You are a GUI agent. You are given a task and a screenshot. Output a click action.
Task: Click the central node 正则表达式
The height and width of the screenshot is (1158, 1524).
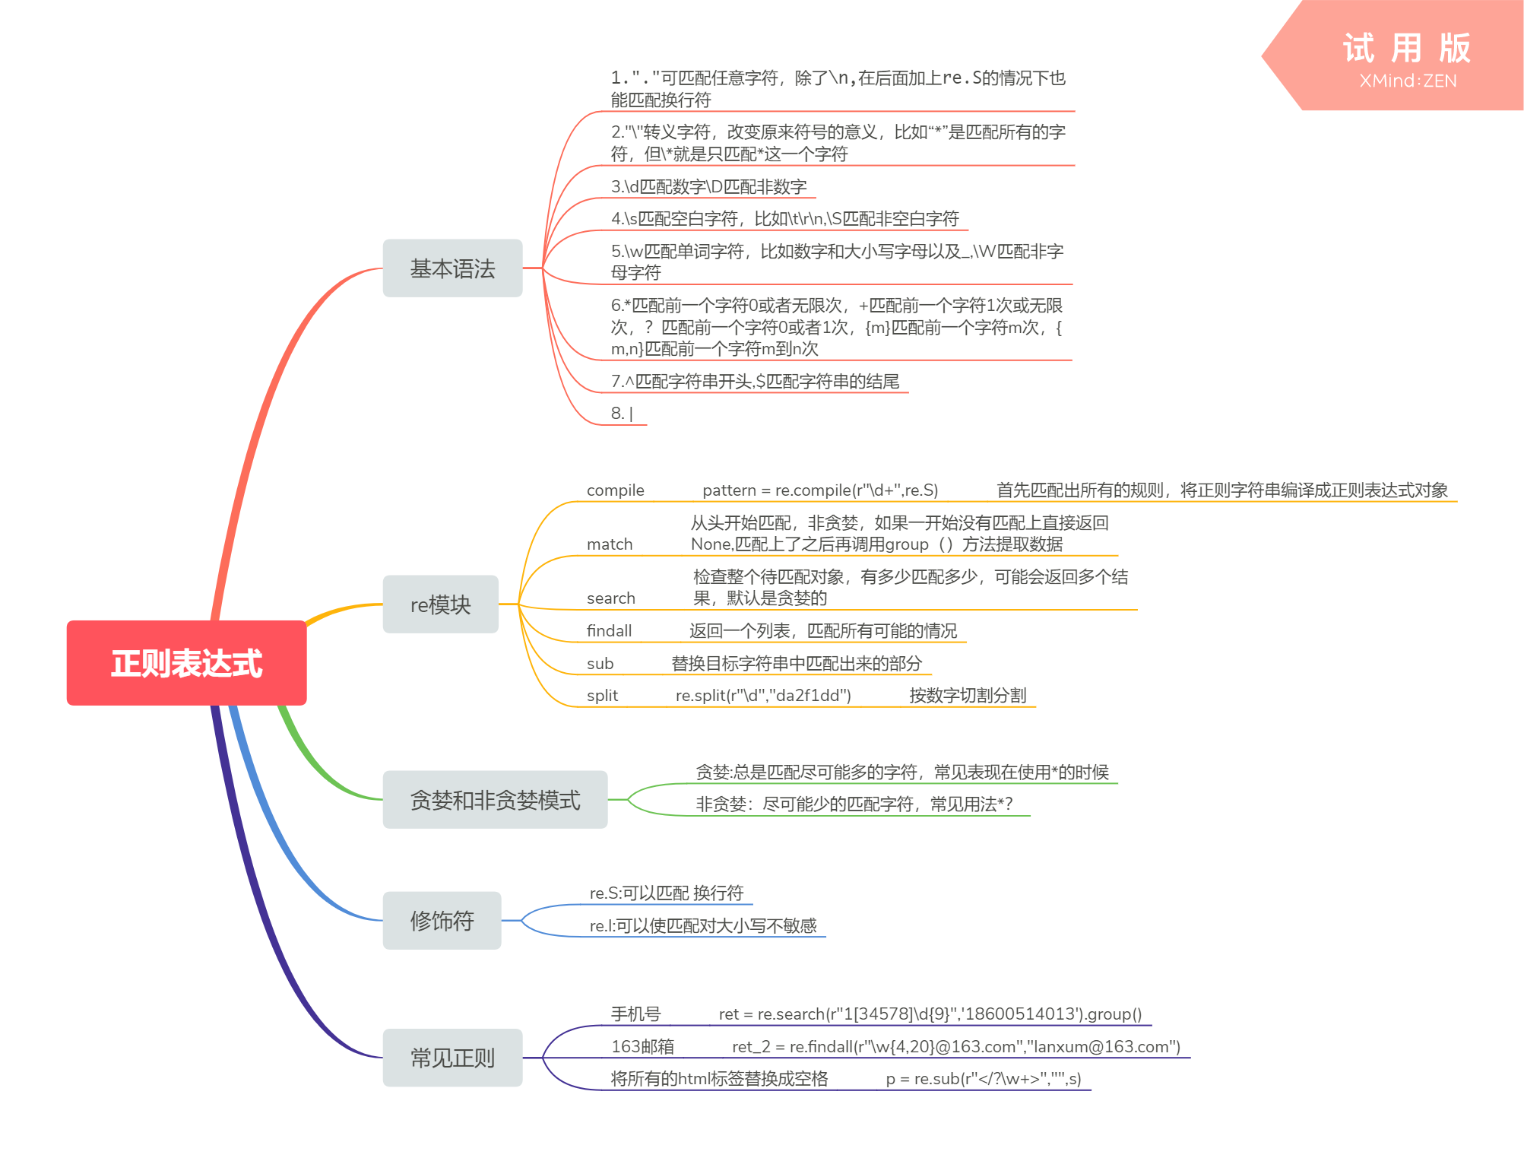pos(186,663)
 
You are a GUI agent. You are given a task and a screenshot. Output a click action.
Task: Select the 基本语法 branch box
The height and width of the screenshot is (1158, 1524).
pos(452,268)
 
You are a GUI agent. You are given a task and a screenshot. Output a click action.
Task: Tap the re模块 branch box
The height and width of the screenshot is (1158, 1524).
pos(440,604)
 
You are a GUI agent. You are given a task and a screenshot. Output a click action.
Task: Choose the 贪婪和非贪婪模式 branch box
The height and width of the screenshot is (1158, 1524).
pos(495,800)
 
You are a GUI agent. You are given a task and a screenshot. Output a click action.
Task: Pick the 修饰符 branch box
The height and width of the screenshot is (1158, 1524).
pos(442,921)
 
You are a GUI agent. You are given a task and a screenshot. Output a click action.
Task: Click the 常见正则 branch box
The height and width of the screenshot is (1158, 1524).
pos(452,1058)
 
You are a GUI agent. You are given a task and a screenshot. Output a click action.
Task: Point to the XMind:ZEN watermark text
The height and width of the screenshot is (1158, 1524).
pos(1408,81)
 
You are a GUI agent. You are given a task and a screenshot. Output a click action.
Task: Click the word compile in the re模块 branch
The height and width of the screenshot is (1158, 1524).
pos(615,490)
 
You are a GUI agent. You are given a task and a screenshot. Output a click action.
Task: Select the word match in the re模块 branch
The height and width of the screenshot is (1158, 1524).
pos(610,544)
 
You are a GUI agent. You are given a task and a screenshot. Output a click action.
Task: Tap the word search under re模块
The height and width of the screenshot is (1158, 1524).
pos(610,598)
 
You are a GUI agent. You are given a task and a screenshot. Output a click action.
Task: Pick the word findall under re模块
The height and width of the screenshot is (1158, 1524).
pos(609,631)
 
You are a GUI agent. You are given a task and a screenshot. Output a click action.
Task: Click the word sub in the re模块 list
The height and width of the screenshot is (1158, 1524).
pos(600,664)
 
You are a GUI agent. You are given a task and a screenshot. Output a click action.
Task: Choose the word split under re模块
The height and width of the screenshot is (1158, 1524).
pos(602,696)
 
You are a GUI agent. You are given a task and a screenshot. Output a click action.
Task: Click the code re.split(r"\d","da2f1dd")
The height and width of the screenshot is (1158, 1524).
pos(763,696)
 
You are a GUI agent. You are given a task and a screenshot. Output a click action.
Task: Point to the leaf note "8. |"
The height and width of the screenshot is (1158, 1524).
pos(622,414)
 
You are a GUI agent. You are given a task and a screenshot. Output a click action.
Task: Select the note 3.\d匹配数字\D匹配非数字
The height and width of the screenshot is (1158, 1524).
pos(708,187)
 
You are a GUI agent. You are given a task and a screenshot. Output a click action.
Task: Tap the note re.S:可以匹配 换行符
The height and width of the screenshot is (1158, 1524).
pos(666,893)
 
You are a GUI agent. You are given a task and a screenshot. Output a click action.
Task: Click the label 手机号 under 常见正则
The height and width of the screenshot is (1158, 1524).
pos(635,1014)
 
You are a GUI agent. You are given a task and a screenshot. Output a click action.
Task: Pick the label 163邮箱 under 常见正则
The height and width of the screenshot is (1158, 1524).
pos(642,1047)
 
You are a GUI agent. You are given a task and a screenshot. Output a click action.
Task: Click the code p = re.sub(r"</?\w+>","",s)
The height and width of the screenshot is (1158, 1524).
pos(983,1079)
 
